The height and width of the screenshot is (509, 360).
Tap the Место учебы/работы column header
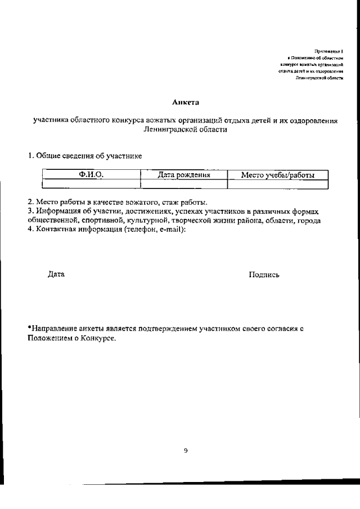[x=277, y=175]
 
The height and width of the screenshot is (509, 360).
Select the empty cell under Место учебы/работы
[x=277, y=184]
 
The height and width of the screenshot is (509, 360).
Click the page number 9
[x=186, y=450]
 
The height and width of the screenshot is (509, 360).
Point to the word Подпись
[x=264, y=274]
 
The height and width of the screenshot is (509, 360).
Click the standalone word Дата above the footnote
[x=56, y=274]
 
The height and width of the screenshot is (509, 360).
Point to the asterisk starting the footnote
[x=30, y=327]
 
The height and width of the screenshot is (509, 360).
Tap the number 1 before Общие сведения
[x=30, y=155]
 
